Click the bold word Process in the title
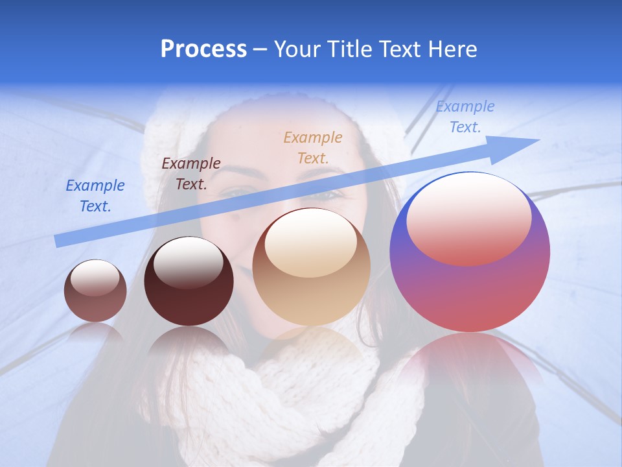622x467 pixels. [x=203, y=49]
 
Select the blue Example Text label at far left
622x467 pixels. [x=95, y=196]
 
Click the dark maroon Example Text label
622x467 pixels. [x=191, y=174]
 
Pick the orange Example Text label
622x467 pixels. [x=313, y=147]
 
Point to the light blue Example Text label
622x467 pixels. [x=465, y=117]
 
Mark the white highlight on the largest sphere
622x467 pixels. [x=468, y=217]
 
